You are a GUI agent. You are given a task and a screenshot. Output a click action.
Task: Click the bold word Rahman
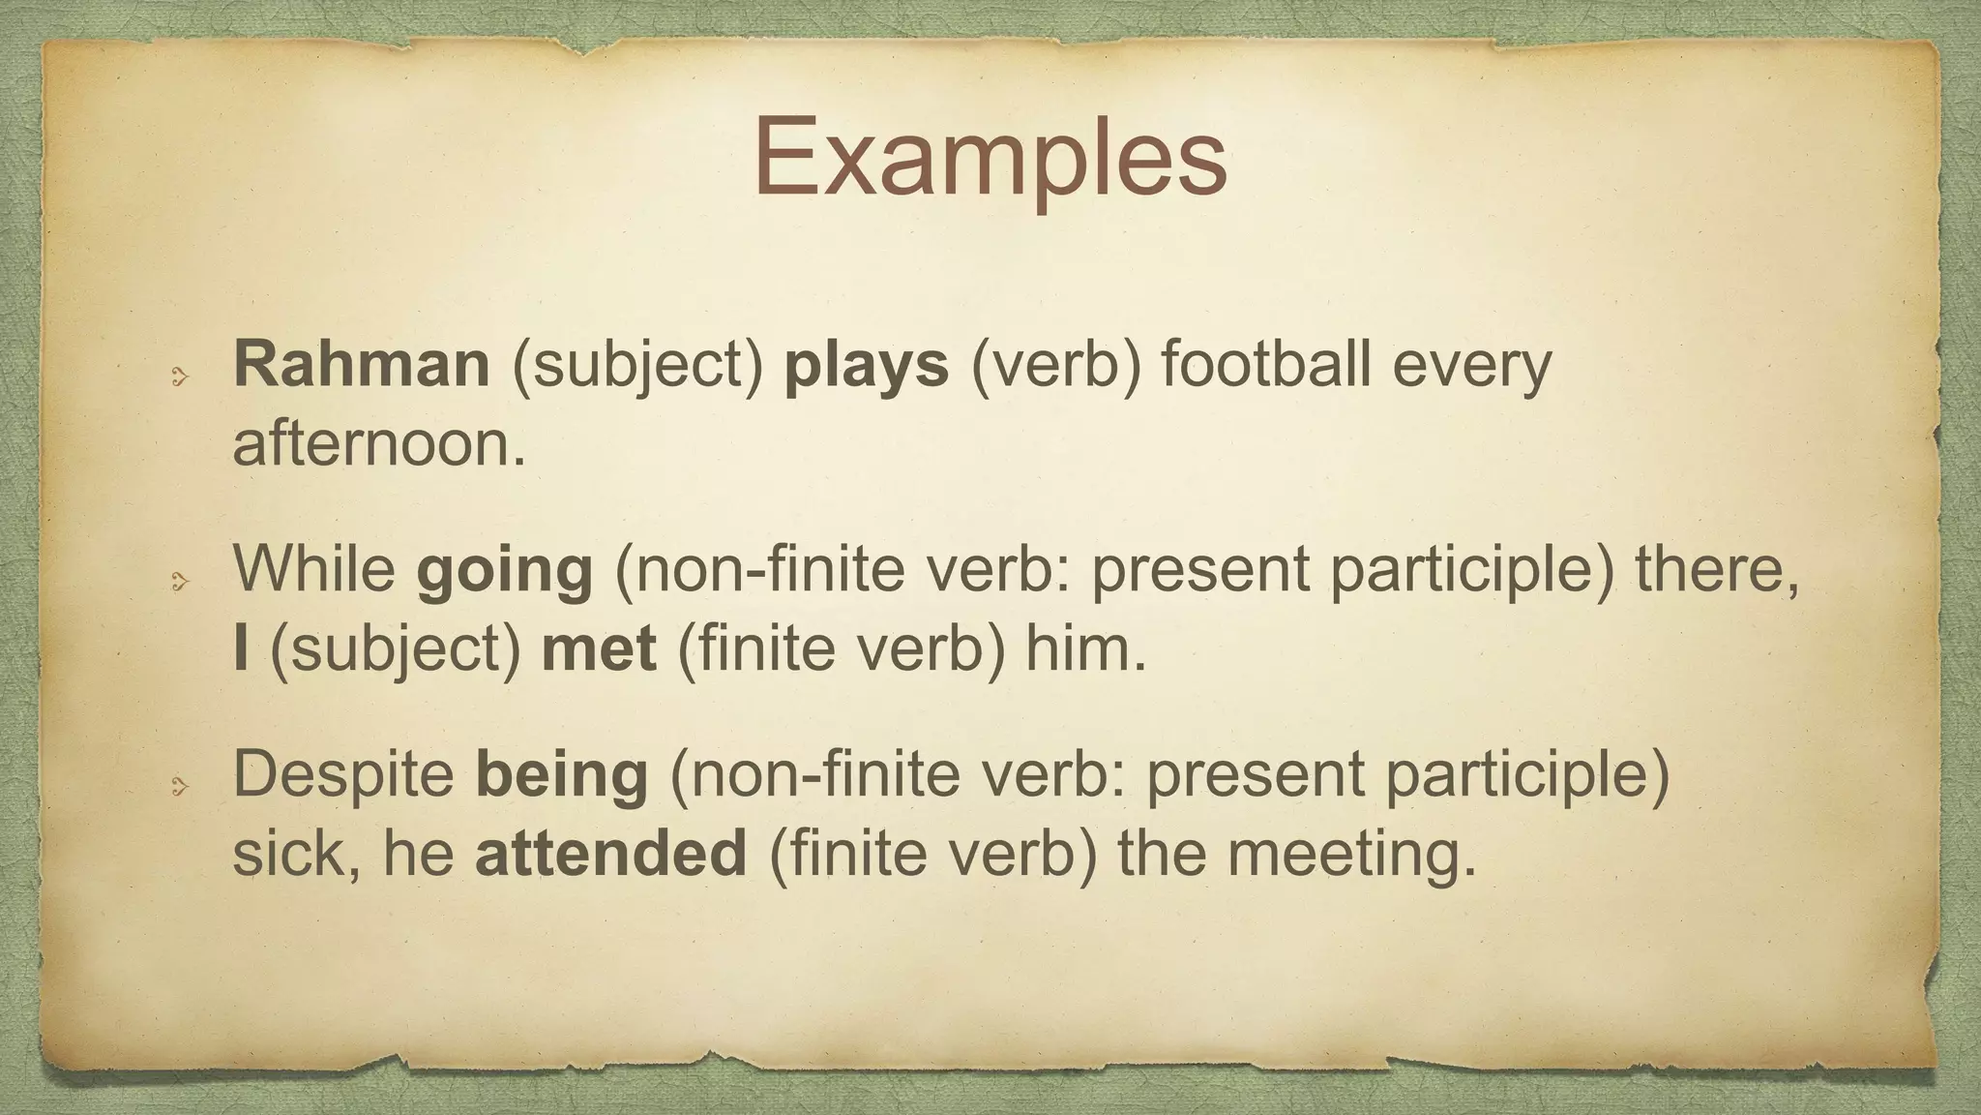[x=362, y=365]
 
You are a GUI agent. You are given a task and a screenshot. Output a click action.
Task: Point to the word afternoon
[x=378, y=445]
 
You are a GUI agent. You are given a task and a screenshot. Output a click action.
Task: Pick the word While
[x=314, y=568]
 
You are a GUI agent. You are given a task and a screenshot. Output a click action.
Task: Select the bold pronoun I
[x=241, y=648]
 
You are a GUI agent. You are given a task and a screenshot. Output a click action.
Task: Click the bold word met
[x=599, y=648]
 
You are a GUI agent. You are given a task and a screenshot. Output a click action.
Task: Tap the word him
[x=1084, y=648]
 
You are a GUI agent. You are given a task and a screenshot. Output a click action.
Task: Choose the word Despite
[x=343, y=775]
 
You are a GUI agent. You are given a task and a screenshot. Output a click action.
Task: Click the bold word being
[x=561, y=775]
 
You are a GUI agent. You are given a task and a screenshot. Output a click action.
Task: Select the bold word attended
[x=610, y=854]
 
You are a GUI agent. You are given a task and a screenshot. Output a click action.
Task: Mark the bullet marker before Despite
[x=178, y=787]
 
